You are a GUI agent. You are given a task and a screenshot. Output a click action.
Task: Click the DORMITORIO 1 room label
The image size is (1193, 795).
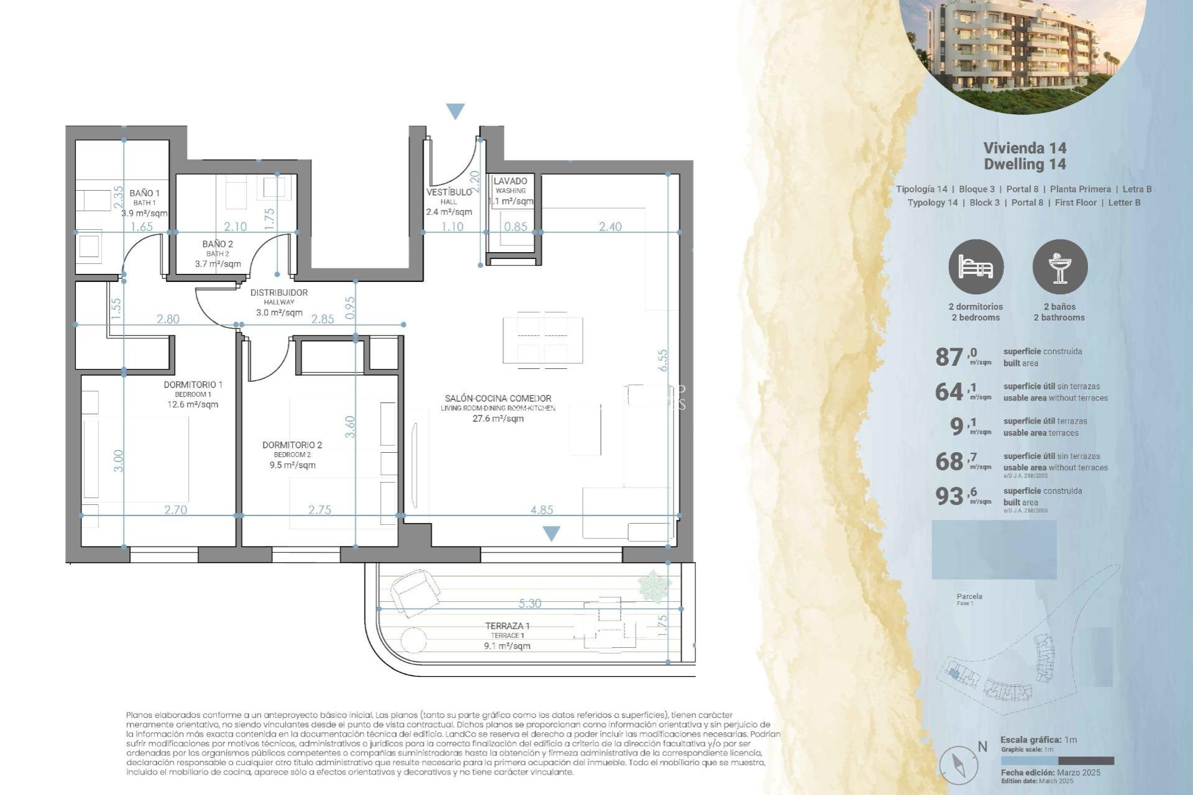coord(193,384)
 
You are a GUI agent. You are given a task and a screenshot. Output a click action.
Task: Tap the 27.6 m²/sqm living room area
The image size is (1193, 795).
coord(498,419)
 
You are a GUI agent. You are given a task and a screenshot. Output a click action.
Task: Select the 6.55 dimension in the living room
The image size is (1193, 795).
coord(663,360)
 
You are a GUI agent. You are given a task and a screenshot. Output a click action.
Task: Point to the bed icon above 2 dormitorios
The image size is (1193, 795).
coord(976,267)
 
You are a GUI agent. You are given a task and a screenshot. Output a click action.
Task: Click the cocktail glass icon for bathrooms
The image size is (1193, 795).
coord(1059,267)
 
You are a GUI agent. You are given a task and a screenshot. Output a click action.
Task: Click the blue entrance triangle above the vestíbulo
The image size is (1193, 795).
coord(455,111)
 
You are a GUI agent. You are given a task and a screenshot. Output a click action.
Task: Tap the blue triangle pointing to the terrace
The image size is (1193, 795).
coord(551,533)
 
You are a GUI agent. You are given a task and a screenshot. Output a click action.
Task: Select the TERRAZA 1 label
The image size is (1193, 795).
coord(508,626)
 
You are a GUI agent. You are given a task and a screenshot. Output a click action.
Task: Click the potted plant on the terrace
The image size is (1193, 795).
coord(654,584)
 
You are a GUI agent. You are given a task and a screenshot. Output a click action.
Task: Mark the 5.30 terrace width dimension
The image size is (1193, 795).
coord(529,603)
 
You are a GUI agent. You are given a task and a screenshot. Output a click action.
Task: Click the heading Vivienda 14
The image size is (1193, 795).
coord(1025,148)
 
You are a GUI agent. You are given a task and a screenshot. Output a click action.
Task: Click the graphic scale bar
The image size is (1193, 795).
coord(1057,761)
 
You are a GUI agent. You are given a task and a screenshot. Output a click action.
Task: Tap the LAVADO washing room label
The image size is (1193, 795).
coord(510,181)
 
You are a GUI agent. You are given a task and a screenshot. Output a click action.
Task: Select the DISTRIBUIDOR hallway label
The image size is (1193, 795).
coord(279,293)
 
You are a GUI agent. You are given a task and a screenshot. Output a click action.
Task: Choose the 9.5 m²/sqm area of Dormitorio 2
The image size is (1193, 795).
coord(292,465)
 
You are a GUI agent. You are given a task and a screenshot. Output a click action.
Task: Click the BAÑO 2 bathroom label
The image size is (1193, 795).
coord(217,244)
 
